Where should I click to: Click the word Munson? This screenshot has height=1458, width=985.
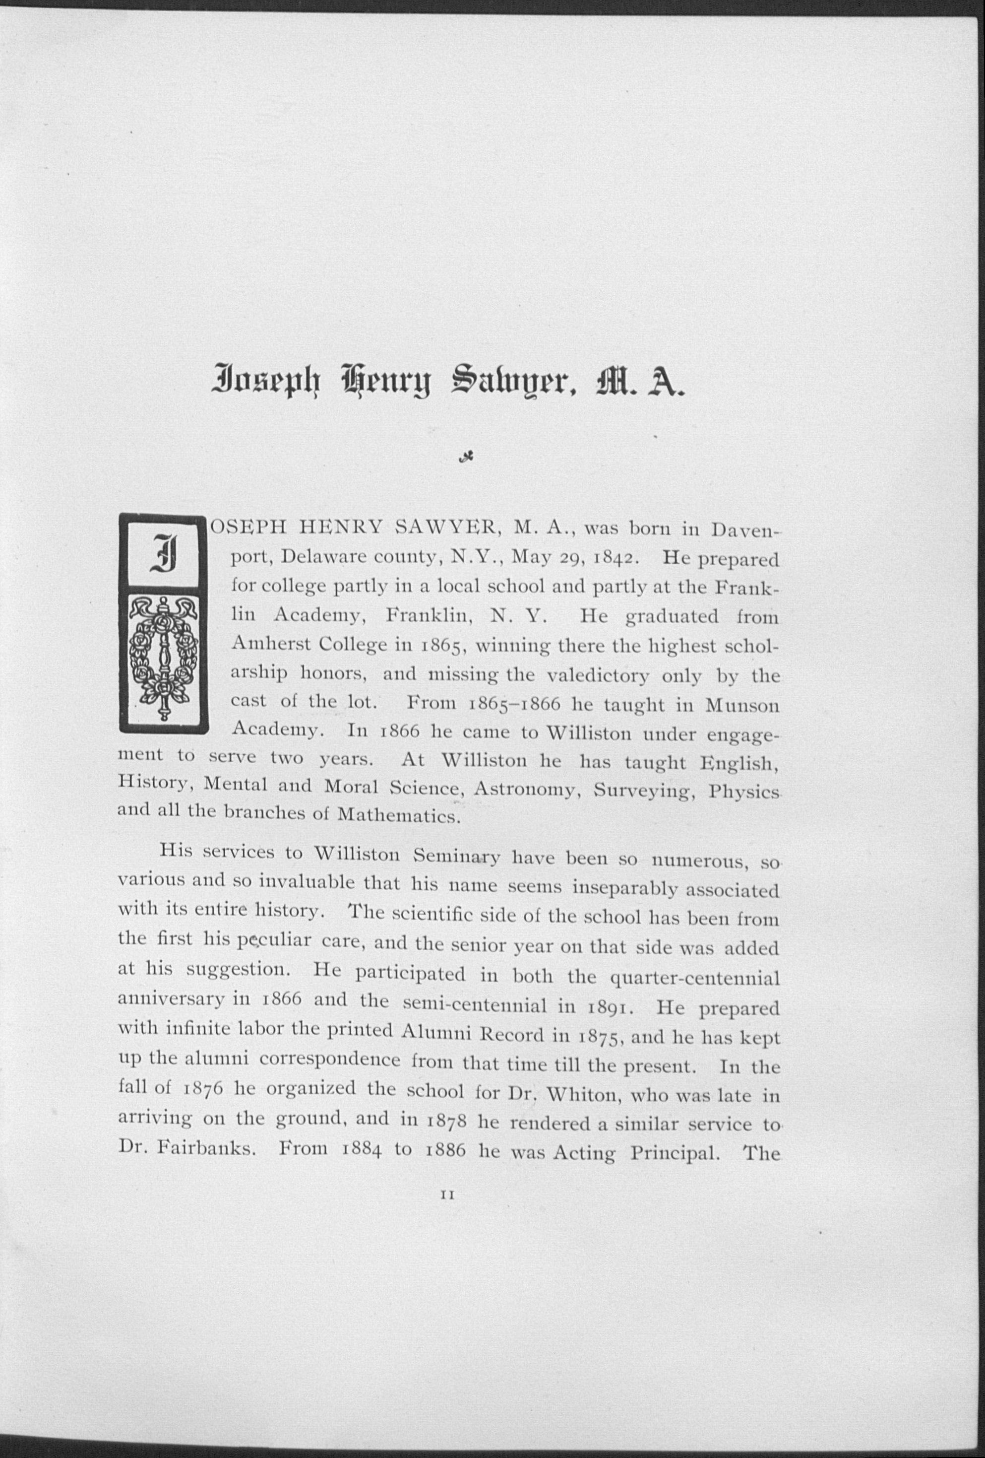[742, 705]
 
